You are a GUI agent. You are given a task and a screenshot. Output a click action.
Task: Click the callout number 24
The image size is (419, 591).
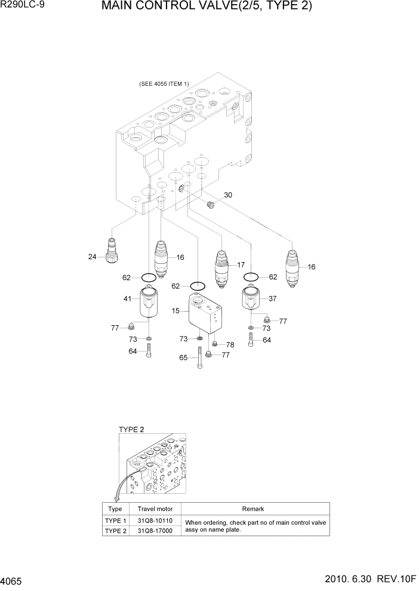(93, 257)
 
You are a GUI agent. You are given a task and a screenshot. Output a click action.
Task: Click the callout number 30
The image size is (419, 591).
(228, 195)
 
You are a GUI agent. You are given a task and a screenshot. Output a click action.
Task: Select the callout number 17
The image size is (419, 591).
(241, 265)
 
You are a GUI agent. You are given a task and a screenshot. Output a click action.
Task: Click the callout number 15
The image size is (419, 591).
(176, 311)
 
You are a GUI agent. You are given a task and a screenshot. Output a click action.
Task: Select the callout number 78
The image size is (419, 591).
(230, 344)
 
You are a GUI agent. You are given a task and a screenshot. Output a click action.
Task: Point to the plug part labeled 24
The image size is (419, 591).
(111, 250)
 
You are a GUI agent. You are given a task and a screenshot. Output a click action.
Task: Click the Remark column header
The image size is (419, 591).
(253, 509)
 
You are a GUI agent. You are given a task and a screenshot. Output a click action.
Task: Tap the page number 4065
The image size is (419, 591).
(13, 579)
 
